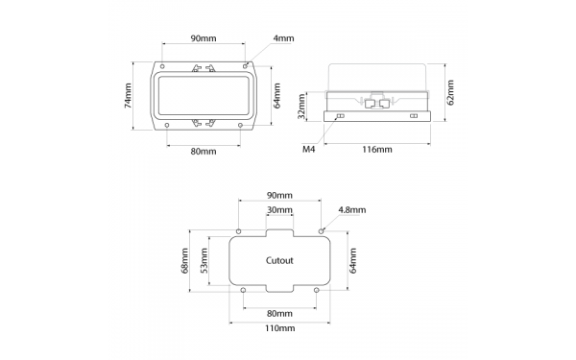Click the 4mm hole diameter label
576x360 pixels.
click(x=284, y=38)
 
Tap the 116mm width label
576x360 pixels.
click(x=377, y=150)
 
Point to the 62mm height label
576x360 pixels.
click(x=450, y=93)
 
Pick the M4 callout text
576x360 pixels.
click(x=309, y=150)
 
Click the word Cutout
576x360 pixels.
click(x=278, y=260)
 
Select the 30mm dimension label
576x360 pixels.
click(x=278, y=210)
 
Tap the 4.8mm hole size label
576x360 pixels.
click(x=352, y=208)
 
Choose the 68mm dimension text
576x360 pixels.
click(x=186, y=260)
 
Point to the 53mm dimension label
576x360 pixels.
click(x=204, y=260)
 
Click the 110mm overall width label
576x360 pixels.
click(x=278, y=328)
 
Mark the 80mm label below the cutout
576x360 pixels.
click(x=278, y=313)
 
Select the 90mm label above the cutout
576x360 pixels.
click(x=278, y=195)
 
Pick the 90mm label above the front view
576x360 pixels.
click(x=204, y=38)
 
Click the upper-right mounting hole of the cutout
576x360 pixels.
click(x=320, y=231)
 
